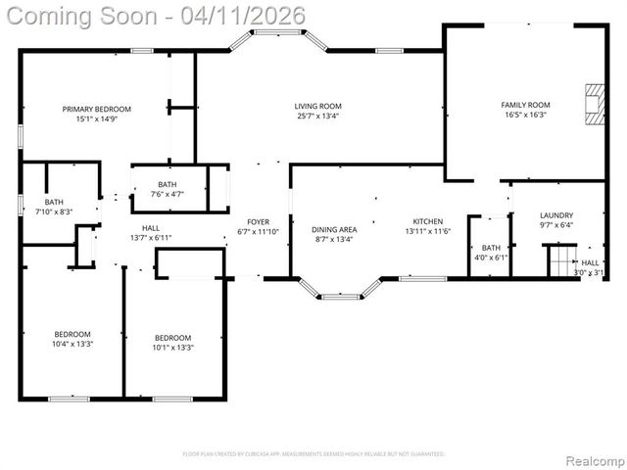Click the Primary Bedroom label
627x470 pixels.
pos(96,109)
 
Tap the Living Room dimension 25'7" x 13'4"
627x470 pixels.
pos(317,117)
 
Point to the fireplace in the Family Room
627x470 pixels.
pos(592,105)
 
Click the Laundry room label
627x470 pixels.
pos(556,215)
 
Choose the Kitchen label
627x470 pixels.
pos(427,221)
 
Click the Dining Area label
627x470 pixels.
pos(333,230)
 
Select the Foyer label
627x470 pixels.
pos(258,222)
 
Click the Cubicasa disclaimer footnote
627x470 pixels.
pos(313,454)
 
